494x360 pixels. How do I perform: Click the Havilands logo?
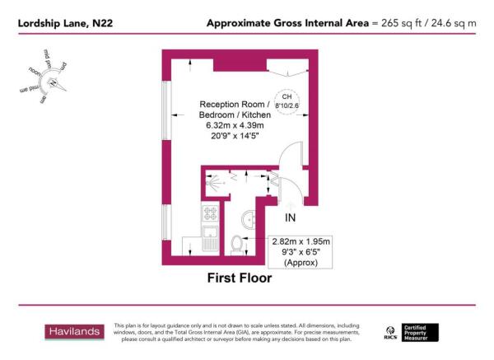tap(72, 332)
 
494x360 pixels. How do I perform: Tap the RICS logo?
tap(391, 333)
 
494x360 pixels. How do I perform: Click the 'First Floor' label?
tap(239, 278)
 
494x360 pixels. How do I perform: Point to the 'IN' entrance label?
tap(290, 218)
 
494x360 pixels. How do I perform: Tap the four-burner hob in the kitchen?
tap(208, 215)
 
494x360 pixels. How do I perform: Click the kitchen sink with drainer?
tap(208, 240)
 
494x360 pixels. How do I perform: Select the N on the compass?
tap(52, 82)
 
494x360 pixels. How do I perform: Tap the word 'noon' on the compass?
tap(35, 72)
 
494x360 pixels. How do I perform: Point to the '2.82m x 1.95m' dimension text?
tap(301, 241)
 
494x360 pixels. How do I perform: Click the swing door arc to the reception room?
tap(290, 157)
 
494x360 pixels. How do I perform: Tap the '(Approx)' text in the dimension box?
tap(301, 263)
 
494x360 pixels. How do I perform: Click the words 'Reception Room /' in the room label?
tap(234, 105)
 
